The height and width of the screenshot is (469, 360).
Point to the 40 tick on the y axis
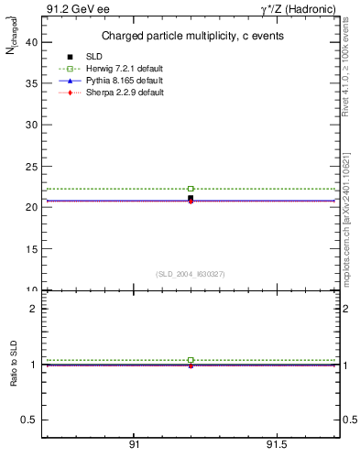(32, 41)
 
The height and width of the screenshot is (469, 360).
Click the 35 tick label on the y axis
(32, 82)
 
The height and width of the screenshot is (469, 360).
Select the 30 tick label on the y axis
(32, 125)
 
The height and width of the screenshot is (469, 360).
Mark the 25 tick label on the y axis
(32, 166)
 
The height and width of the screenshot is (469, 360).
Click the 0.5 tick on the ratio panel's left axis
(30, 420)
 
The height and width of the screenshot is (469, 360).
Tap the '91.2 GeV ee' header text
(72, 9)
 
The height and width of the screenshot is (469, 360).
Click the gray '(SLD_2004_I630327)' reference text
(190, 274)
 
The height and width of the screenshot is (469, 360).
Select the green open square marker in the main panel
(191, 189)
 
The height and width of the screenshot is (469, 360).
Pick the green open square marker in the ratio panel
(191, 360)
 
